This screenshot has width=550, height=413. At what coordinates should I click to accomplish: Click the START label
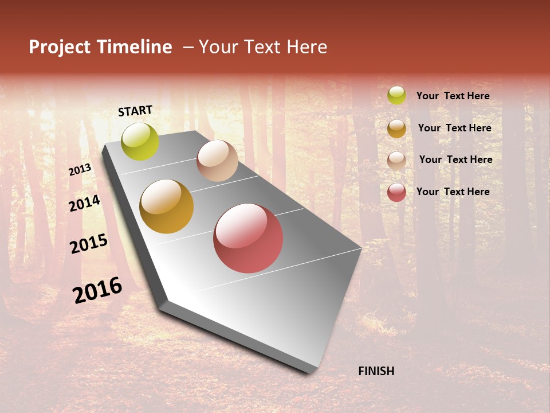point(135,111)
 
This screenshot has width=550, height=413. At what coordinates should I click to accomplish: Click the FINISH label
point(376,371)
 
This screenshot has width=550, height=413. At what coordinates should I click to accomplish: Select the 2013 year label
point(80,170)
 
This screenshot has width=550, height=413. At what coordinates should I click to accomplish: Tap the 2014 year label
point(84,203)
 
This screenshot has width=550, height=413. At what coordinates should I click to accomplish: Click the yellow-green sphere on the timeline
point(140,141)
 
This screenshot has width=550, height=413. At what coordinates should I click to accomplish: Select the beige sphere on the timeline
point(217,161)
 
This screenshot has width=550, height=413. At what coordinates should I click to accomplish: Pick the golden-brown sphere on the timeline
point(167,206)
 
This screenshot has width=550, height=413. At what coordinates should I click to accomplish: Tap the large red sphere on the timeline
point(248,238)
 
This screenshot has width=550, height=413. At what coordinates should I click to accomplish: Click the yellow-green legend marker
point(396,95)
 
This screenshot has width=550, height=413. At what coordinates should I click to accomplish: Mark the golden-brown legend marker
point(396,128)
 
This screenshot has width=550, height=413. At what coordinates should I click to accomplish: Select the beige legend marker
point(396,160)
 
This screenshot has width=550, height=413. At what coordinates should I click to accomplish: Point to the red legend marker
point(396,192)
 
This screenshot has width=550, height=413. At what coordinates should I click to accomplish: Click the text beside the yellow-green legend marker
point(453,96)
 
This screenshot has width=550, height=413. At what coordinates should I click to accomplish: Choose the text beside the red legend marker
point(453,192)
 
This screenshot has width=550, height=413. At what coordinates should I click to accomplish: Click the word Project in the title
point(60,47)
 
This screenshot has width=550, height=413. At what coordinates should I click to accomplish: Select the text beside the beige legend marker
point(455,159)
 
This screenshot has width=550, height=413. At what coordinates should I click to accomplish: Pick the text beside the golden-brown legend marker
point(454,128)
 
